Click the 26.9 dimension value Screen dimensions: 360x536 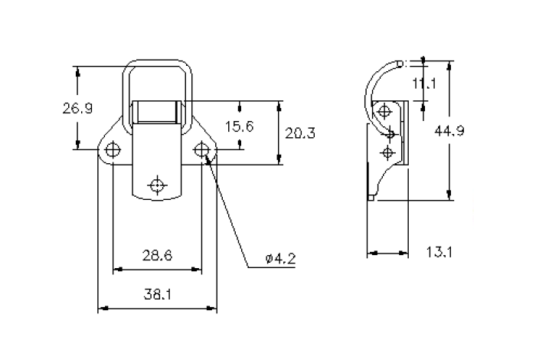pyautogui.click(x=77, y=108)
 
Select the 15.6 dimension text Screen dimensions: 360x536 pyautogui.click(x=240, y=126)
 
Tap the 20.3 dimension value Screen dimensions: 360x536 pyautogui.click(x=299, y=133)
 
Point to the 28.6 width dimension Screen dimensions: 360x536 pyautogui.click(x=158, y=254)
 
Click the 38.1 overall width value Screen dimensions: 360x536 pyautogui.click(x=158, y=293)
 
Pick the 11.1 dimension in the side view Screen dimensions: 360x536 pyautogui.click(x=423, y=83)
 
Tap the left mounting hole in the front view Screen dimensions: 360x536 pyautogui.click(x=113, y=149)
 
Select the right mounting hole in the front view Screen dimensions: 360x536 pyautogui.click(x=202, y=149)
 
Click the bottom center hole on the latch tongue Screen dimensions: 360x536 pyautogui.click(x=158, y=185)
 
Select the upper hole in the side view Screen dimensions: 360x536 pyautogui.click(x=391, y=135)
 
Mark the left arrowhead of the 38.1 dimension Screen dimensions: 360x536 pyautogui.click(x=103, y=309)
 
